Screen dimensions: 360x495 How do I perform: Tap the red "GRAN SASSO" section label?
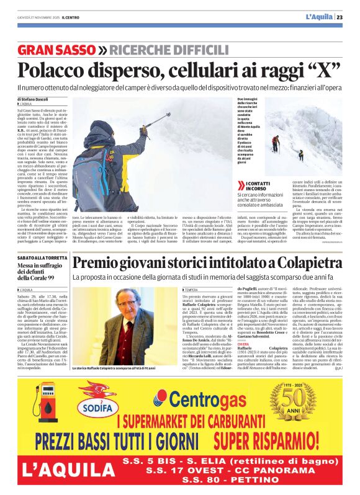(x=55, y=50)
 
